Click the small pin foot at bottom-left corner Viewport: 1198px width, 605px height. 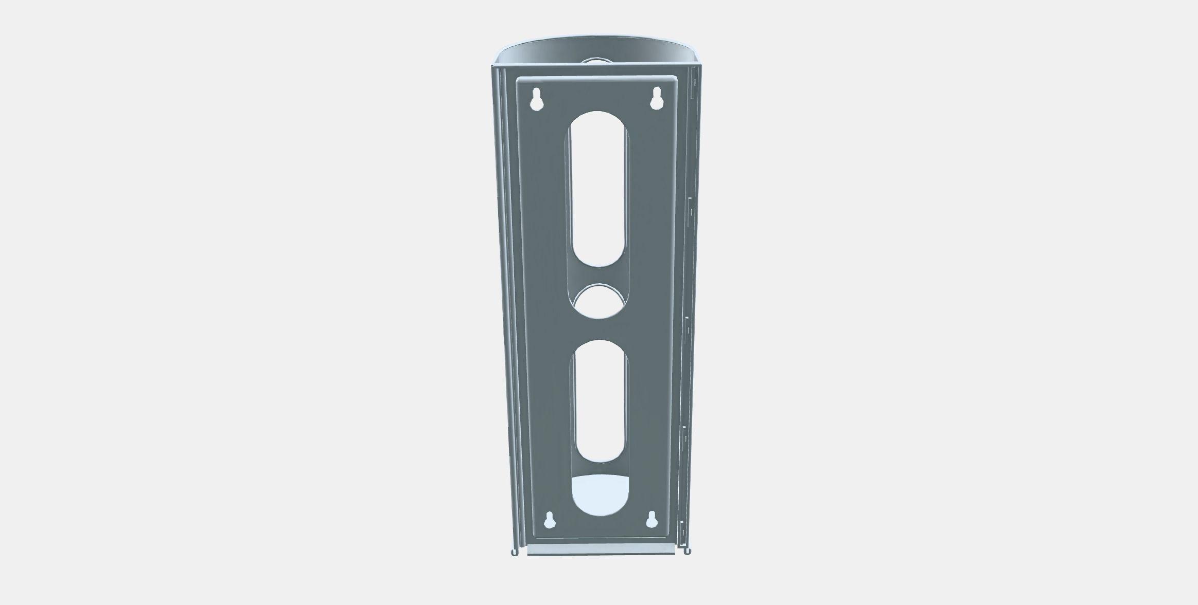514,553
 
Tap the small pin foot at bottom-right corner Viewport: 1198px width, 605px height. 687,552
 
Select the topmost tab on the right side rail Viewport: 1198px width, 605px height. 693,82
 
